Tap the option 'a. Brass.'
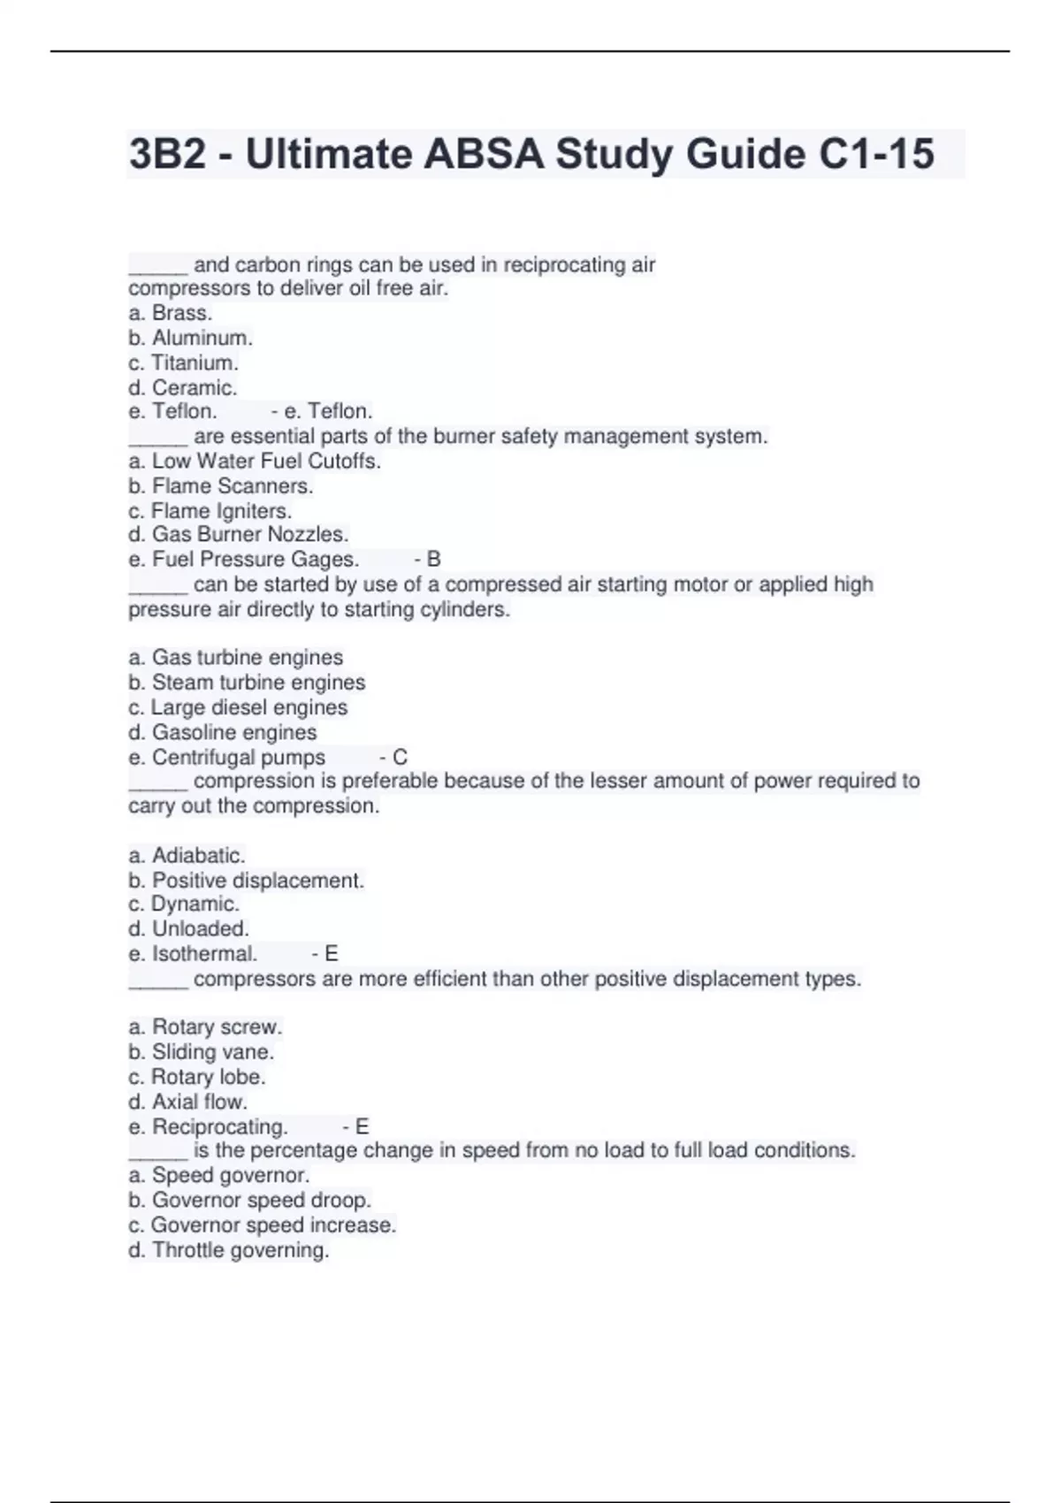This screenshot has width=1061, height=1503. pyautogui.click(x=171, y=313)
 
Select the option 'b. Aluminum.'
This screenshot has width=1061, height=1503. pyautogui.click(x=191, y=338)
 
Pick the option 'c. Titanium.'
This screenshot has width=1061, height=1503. pyautogui.click(x=184, y=362)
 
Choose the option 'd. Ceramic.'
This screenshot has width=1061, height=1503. pyautogui.click(x=183, y=387)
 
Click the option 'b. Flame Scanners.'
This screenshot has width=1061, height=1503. pyautogui.click(x=221, y=485)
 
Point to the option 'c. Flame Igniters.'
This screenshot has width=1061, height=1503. pyautogui.click(x=210, y=511)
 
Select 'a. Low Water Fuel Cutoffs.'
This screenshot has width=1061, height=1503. pyautogui.click(x=255, y=461)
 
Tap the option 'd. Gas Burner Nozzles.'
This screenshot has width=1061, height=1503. pyautogui.click(x=239, y=534)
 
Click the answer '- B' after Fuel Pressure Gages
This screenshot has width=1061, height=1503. pyautogui.click(x=427, y=559)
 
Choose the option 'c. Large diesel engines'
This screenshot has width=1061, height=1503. pyautogui.click(x=238, y=707)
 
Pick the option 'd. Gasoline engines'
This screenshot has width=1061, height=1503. pyautogui.click(x=223, y=732)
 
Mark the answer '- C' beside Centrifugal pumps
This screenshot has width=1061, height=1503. pyautogui.click(x=393, y=757)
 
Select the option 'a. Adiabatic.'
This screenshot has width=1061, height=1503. pyautogui.click(x=187, y=855)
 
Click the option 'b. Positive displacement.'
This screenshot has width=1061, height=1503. pyautogui.click(x=247, y=880)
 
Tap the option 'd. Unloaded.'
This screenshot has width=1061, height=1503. pyautogui.click(x=189, y=928)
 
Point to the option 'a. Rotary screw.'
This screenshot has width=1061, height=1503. pyautogui.click(x=205, y=1026)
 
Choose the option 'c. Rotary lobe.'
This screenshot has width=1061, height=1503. pyautogui.click(x=197, y=1077)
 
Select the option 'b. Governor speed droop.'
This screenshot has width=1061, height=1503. pyautogui.click(x=250, y=1200)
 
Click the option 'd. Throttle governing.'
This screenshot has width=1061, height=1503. pyautogui.click(x=229, y=1250)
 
